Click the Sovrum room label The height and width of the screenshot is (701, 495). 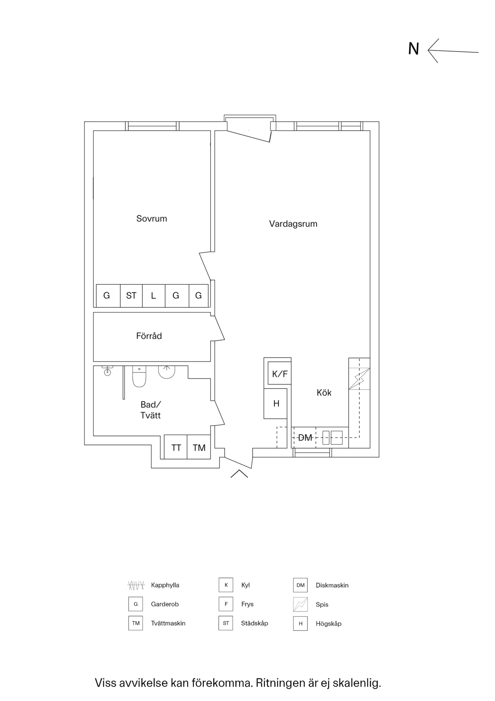click(152, 219)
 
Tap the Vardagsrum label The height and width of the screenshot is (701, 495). click(293, 224)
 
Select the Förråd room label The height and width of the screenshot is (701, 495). click(149, 336)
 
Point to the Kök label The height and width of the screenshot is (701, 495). click(324, 393)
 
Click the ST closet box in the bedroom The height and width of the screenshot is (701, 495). click(131, 296)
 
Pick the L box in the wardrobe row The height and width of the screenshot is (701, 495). click(154, 296)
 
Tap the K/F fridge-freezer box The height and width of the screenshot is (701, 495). click(280, 373)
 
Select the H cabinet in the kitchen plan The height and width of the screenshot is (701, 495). click(276, 403)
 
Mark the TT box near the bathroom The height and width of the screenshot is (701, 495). click(176, 447)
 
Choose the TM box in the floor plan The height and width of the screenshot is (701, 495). click(199, 447)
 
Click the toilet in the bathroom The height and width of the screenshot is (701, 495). click(139, 376)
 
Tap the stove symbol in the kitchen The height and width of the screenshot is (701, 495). click(359, 379)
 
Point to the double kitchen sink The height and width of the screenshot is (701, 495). click(332, 437)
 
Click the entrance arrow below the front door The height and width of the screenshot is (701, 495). click(239, 474)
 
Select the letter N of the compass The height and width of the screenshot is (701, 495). click(413, 49)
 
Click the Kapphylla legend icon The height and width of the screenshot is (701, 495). click(136, 585)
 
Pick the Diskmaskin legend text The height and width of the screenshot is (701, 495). click(332, 585)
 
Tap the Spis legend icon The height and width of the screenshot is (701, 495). click(300, 604)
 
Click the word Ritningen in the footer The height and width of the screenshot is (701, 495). click(281, 683)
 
